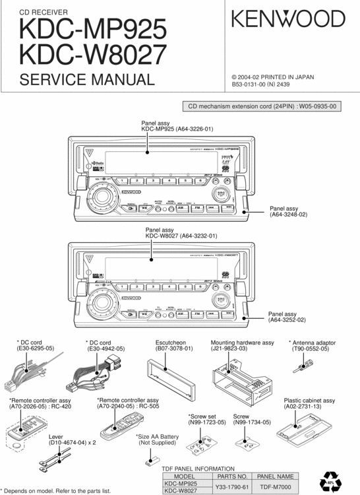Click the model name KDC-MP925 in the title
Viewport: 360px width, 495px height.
pyautogui.click(x=93, y=30)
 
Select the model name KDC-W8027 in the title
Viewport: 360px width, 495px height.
pyautogui.click(x=93, y=55)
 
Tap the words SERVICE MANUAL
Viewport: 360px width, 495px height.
pyautogui.click(x=87, y=80)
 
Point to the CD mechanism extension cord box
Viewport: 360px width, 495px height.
pyautogui.click(x=262, y=106)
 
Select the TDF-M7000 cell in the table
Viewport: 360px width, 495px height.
pyautogui.click(x=276, y=486)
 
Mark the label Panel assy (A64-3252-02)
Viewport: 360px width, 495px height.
pyautogui.click(x=287, y=317)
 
